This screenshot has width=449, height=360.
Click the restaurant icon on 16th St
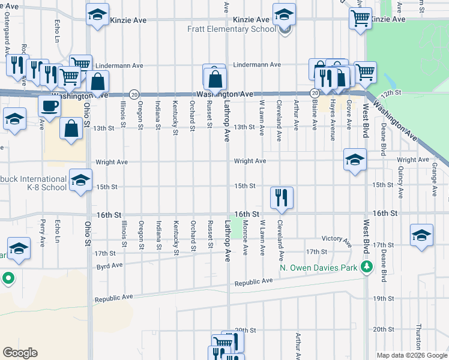pos(282,197)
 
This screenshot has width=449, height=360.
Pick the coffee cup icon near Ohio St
pos(49,106)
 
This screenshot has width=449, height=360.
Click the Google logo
pos(20,353)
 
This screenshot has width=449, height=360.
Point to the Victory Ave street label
pos(337,238)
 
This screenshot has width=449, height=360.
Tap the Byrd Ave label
pos(109,265)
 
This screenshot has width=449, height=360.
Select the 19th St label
pos(382,298)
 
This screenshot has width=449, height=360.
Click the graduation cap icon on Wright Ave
pos(355,159)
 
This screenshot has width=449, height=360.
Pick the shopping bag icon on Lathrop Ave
pos(214,78)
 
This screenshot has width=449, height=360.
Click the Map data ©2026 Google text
pos(412,355)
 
